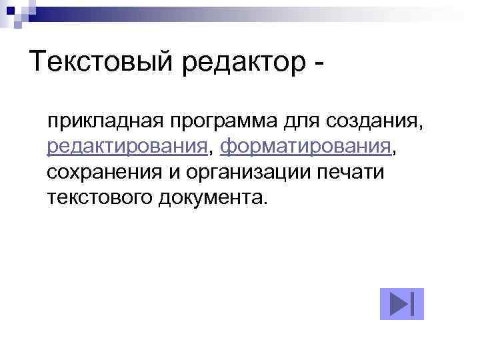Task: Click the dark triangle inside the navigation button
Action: click(398, 304)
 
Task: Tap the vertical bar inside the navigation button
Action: click(413, 304)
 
